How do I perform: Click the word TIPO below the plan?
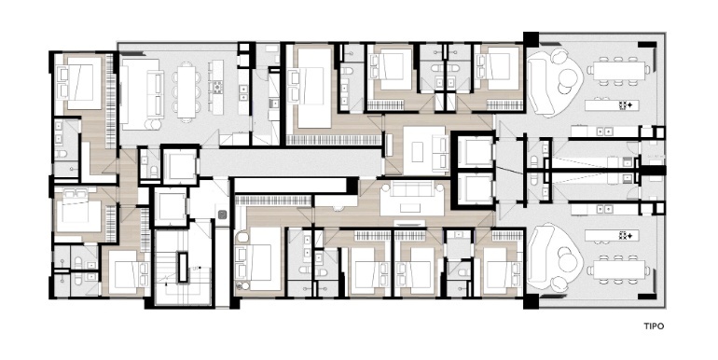654,326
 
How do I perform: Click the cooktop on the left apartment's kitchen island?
217,87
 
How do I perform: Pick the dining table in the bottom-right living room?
618,269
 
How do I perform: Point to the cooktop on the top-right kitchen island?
626,105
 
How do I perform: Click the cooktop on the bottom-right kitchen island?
626,235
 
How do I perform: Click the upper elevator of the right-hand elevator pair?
475,152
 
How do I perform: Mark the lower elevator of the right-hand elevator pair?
475,187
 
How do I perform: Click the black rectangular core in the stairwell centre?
183,267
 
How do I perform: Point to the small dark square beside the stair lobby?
222,214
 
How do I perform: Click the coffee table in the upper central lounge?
417,152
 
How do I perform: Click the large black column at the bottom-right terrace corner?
532,301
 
